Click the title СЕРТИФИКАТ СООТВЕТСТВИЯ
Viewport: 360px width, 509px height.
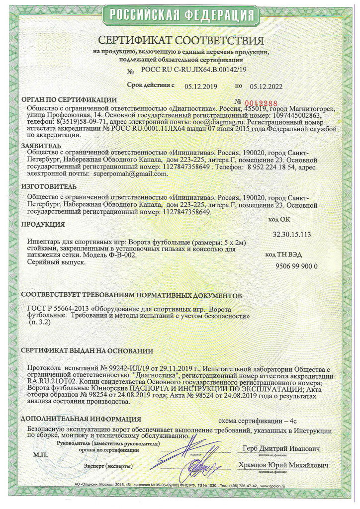(180, 40)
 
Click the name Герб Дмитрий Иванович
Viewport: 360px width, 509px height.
(281, 448)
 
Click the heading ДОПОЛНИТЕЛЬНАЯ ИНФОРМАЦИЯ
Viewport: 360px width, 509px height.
(81, 419)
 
